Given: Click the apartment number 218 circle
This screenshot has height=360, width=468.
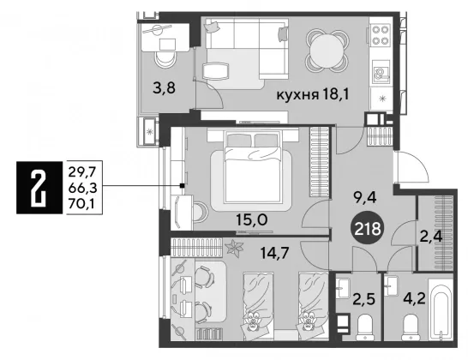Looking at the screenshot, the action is point(368,229).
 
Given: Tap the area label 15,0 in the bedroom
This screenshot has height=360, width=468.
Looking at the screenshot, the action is point(252,220).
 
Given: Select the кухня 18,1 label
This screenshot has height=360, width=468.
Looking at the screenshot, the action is point(313,95).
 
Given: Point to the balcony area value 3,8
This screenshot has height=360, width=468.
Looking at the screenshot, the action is point(164,88).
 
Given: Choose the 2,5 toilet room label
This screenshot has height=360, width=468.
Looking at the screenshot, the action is point(363,299).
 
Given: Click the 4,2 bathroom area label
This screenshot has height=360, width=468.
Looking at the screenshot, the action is point(414,298).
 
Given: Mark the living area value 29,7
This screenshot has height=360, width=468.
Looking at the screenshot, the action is point(81,171).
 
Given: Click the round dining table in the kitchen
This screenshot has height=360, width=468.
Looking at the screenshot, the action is point(327,51).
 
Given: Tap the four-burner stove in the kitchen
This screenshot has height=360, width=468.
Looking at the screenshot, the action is point(381,35).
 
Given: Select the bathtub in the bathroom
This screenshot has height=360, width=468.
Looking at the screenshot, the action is point(440,310).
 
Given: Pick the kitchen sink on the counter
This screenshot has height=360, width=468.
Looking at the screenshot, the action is point(381,73).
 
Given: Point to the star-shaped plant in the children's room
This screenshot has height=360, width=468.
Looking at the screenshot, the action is point(235,249).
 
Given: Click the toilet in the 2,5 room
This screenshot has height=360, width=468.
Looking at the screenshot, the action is point(365,327).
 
